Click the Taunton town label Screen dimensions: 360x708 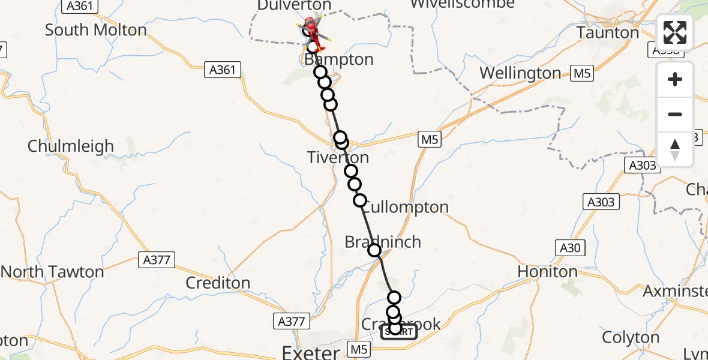tap(608, 32)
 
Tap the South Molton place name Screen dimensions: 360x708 tap(96, 29)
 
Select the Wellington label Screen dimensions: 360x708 tap(521, 73)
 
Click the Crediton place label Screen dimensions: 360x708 tap(218, 283)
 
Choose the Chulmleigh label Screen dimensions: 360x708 tap(70, 146)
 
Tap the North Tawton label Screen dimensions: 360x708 tap(52, 272)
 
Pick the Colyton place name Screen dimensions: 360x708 tap(630, 337)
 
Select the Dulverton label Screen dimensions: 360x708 tap(286, 5)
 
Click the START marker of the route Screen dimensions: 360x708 tap(399, 331)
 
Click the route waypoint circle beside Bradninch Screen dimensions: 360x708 tap(374, 250)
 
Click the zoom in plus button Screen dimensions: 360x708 tap(675, 79)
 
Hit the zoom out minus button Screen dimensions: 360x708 tap(675, 114)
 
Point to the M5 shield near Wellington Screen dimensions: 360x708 tap(581, 74)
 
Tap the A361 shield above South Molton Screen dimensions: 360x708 tap(80, 6)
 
